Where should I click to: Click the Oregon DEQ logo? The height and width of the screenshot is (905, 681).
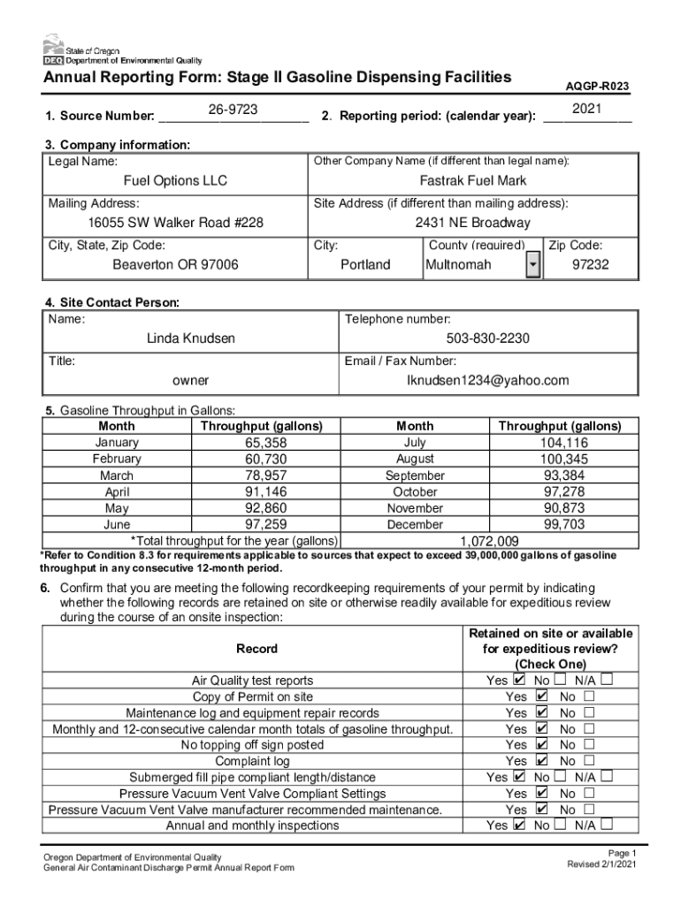tap(52, 50)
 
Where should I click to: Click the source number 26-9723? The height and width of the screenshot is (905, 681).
tap(233, 109)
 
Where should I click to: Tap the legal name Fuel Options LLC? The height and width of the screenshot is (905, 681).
tap(175, 180)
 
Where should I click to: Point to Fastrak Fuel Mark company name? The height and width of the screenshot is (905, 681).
tap(472, 180)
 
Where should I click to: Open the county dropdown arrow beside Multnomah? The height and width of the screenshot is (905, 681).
tap(532, 265)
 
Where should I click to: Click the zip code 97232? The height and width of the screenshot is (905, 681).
tap(590, 264)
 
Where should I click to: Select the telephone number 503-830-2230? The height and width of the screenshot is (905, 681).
tap(488, 338)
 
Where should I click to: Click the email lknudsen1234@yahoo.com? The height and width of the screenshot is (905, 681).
tap(487, 381)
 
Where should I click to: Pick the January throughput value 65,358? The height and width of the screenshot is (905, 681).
tap(265, 443)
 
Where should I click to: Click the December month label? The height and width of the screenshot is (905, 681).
tap(415, 524)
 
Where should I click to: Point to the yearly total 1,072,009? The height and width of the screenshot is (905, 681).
tap(489, 541)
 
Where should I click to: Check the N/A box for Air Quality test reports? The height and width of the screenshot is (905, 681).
tap(607, 680)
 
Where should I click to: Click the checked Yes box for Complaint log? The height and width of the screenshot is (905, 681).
tap(542, 760)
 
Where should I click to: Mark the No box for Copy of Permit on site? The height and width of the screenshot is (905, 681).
tap(589, 696)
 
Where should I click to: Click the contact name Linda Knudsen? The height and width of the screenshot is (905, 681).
tap(191, 338)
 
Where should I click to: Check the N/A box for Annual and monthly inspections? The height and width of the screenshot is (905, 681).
tap(607, 825)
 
